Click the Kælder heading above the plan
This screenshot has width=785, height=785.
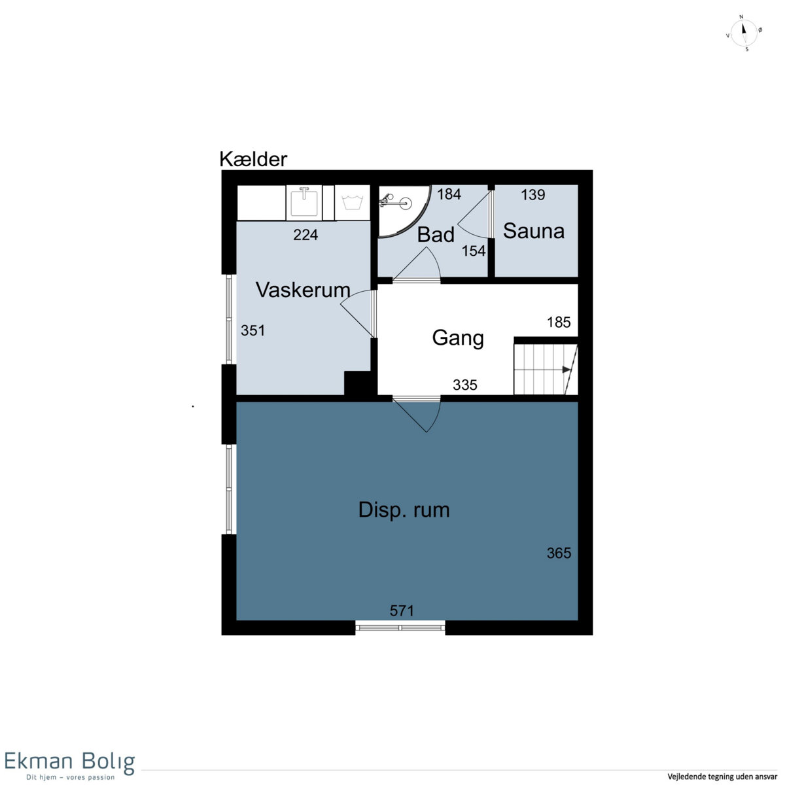coord(253,159)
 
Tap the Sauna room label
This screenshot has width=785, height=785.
coord(534,231)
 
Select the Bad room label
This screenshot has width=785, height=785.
coord(436,235)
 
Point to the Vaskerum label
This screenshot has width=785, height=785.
coord(303,290)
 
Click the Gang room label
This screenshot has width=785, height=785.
coord(458,338)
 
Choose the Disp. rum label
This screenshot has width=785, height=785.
coord(404,510)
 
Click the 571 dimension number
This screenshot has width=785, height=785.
coord(402,610)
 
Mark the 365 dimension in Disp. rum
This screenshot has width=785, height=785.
coord(559,553)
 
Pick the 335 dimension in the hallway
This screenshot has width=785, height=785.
coord(465,385)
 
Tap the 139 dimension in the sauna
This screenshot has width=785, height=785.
coord(533,195)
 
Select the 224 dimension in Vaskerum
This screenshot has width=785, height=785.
coord(305,235)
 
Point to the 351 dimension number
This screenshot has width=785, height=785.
coord(253,330)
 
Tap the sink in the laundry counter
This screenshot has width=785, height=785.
coord(304,201)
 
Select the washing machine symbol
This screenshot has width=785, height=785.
coord(353,202)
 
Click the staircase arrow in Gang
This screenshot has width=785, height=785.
coord(567,370)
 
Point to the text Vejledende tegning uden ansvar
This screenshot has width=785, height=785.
coord(722,776)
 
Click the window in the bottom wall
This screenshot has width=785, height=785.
coord(400,628)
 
